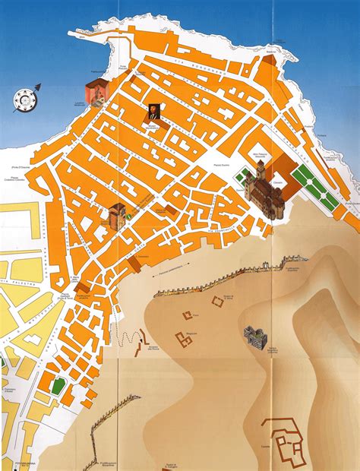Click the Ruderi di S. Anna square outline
(x=218, y=302)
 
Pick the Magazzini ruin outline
(x=183, y=340)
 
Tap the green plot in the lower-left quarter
(x=58, y=385)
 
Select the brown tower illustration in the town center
(x=117, y=215)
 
